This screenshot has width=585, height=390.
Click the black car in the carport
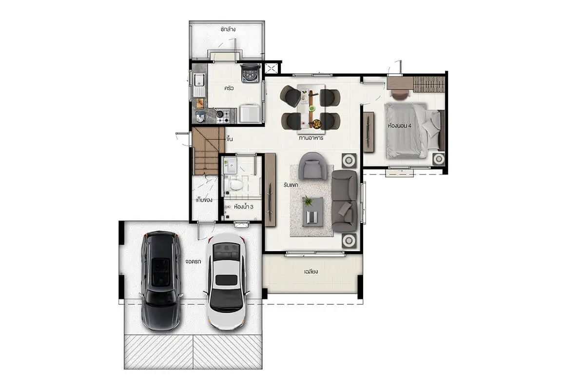(x=160, y=281)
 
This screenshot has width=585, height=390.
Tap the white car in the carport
(x=227, y=282)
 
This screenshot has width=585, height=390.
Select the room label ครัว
(x=229, y=88)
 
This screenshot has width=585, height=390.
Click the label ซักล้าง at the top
(x=228, y=29)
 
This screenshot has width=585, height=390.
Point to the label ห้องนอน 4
(x=400, y=126)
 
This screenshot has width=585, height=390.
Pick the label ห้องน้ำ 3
(x=244, y=207)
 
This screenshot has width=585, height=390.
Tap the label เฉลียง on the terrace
(x=311, y=272)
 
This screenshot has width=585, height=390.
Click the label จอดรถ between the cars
(x=193, y=261)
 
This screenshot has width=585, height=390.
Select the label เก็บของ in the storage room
(x=204, y=200)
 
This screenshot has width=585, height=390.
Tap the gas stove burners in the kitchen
(x=223, y=116)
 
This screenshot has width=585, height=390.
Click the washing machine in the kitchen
(x=251, y=73)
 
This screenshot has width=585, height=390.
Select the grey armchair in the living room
(x=312, y=166)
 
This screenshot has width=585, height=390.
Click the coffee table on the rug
(x=313, y=212)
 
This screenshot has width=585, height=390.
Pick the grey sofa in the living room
(x=345, y=201)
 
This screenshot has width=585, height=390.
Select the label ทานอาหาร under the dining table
(x=311, y=137)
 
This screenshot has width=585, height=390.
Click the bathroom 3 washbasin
(x=230, y=165)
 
